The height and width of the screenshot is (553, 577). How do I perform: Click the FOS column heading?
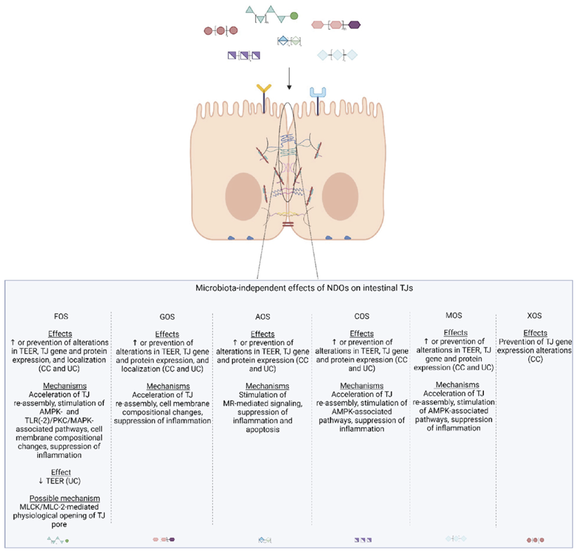[x=61, y=316]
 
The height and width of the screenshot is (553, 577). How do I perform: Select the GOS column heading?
[x=167, y=317]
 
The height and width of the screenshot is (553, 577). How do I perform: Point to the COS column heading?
[x=361, y=316]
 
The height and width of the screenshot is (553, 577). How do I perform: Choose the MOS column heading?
[x=454, y=316]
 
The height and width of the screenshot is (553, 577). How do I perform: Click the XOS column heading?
[x=534, y=316]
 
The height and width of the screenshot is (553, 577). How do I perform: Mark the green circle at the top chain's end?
[x=294, y=16]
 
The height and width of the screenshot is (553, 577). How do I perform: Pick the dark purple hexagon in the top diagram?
[x=354, y=25]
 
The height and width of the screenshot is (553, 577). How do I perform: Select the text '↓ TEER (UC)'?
[x=59, y=481]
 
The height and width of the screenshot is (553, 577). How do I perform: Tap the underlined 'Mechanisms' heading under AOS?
[x=267, y=386]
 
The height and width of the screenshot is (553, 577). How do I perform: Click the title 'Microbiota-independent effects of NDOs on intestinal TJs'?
[x=304, y=288]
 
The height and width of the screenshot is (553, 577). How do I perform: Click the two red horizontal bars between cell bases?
[x=288, y=225]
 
